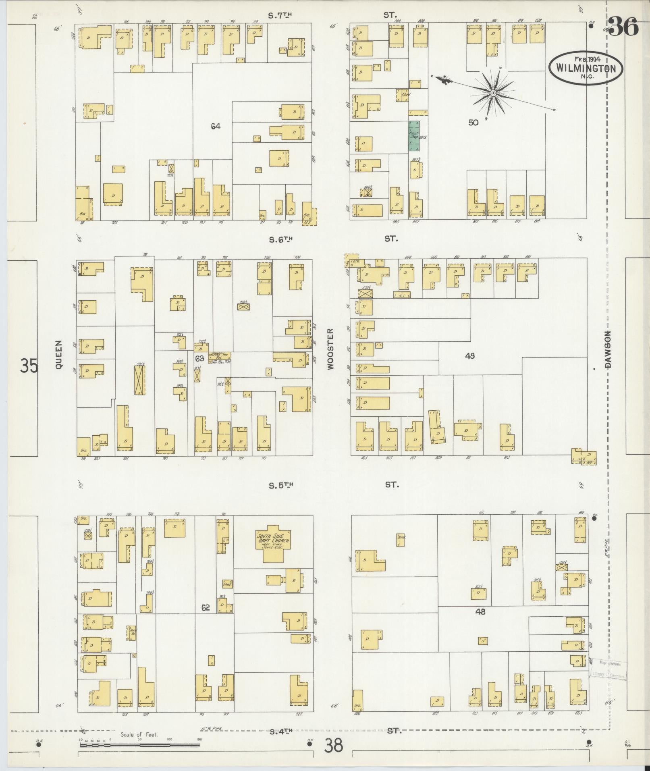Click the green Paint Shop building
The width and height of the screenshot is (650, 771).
[414, 136]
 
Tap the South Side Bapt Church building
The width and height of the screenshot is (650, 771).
[274, 542]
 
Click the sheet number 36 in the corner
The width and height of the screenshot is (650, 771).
[623, 27]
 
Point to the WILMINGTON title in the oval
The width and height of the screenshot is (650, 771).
[586, 68]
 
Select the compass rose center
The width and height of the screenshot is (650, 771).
[492, 94]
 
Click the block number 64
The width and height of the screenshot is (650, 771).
[216, 126]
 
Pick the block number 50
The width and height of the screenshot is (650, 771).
[473, 123]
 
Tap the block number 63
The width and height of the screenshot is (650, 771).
[199, 358]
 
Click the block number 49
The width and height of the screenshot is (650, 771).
[469, 355]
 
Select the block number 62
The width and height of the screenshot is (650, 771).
[206, 607]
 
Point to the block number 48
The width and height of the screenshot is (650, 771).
[480, 611]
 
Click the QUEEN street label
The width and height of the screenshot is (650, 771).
[59, 355]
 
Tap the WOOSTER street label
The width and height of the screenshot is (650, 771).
[331, 349]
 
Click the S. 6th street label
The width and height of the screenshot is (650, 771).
[280, 239]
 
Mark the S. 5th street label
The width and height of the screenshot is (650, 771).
[280, 485]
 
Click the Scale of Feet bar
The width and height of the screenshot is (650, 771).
[139, 745]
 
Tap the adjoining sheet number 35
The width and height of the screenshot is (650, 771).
[29, 366]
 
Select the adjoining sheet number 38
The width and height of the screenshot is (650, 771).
[334, 745]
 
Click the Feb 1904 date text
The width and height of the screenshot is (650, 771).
[586, 59]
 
